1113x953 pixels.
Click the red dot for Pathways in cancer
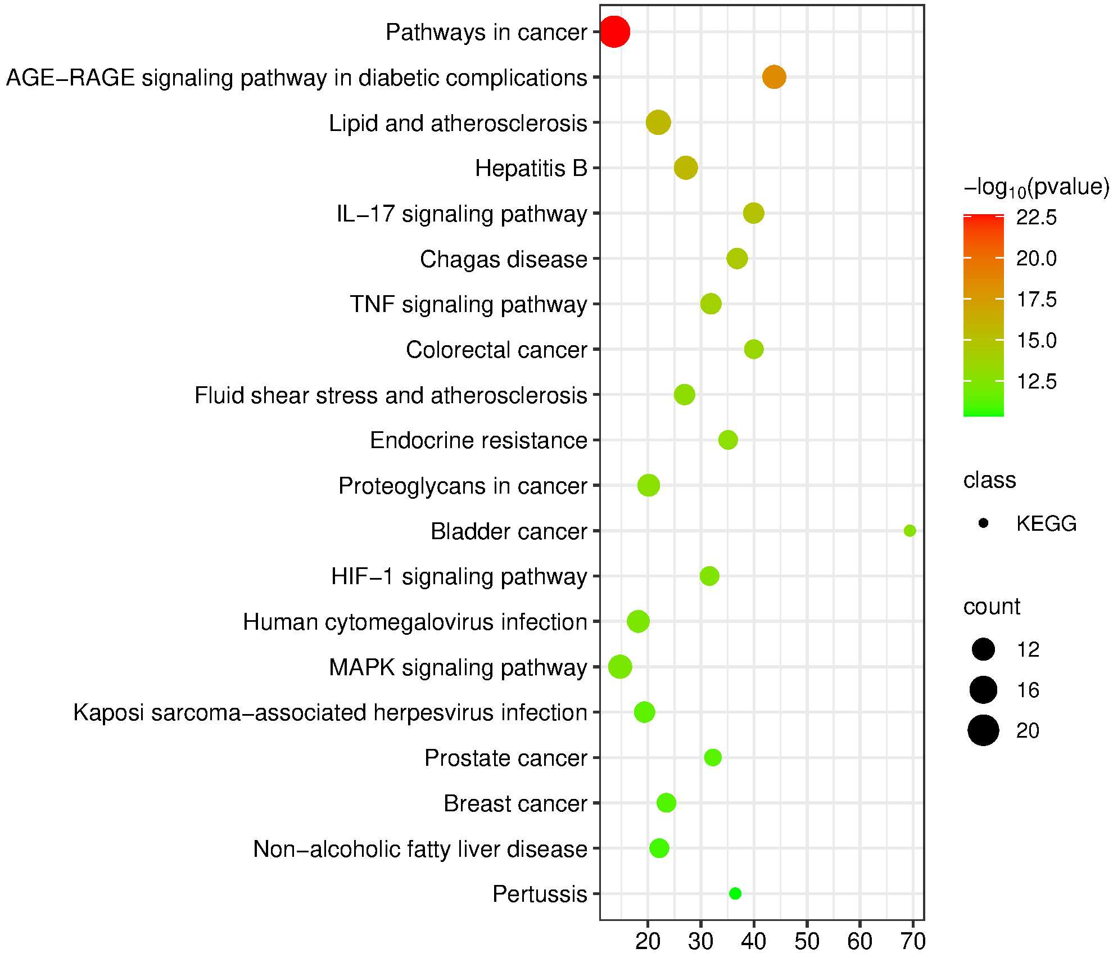coord(614,32)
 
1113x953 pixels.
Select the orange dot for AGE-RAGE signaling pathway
coord(774,77)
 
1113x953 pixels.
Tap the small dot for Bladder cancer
coord(910,531)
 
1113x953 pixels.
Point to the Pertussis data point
coord(735,893)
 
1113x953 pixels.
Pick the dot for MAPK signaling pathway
coord(620,667)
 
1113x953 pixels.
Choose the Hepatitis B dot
coord(686,168)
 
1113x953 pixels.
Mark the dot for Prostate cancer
coord(713,757)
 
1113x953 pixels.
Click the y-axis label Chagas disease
coord(503,259)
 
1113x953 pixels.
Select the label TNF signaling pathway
coord(468,304)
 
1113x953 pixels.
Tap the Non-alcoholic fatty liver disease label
coord(420,848)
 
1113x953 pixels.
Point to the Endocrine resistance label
coord(478,440)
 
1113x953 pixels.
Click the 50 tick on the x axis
coord(807,941)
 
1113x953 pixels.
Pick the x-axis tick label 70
coord(912,941)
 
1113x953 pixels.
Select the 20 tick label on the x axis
coord(648,941)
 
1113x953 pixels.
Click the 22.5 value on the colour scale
coord(1036,218)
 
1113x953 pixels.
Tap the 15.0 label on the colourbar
coord(1036,340)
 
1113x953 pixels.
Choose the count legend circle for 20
coord(983,730)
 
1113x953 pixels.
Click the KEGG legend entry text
coord(1046,523)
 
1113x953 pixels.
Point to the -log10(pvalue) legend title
coord(1036,187)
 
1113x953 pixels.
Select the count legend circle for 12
coord(983,649)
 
